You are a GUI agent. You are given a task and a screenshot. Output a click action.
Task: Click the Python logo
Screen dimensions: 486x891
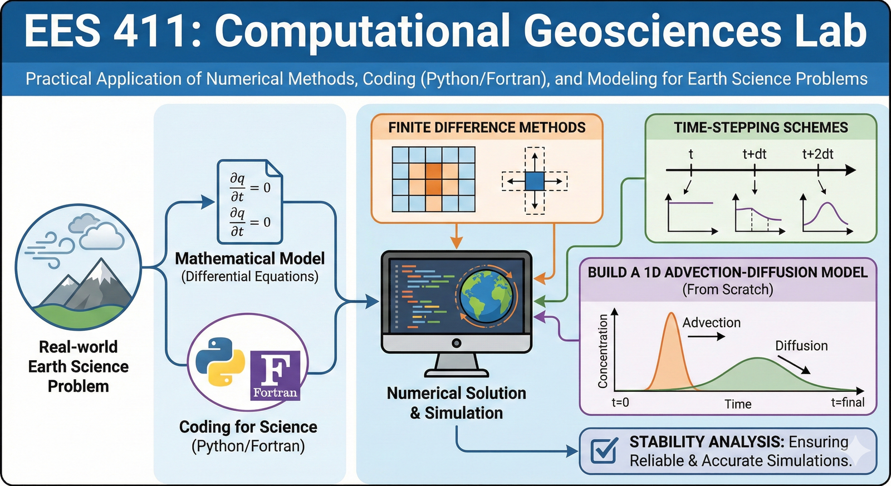(219, 361)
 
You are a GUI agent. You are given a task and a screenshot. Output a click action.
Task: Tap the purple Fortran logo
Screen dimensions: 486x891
(275, 375)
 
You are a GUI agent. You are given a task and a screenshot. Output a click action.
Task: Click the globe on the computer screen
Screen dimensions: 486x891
(485, 296)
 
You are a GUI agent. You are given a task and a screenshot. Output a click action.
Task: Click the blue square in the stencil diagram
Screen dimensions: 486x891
(535, 181)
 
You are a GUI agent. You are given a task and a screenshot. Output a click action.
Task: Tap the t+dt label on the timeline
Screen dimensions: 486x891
(755, 154)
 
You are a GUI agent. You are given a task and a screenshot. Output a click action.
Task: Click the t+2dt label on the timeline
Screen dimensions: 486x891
(817, 154)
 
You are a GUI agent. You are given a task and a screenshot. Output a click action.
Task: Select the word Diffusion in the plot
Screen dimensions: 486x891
(801, 346)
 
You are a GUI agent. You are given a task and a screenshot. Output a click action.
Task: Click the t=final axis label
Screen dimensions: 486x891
(848, 402)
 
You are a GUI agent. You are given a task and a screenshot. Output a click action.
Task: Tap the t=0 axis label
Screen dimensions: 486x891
(620, 402)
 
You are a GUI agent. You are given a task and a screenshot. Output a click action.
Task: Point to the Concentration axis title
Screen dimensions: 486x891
(603, 351)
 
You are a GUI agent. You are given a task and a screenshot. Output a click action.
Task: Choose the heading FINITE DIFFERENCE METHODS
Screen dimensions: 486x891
(487, 128)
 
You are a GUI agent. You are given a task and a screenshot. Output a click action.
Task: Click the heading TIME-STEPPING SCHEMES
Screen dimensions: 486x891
(761, 128)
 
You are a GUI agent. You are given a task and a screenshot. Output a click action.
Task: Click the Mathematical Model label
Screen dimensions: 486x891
(249, 259)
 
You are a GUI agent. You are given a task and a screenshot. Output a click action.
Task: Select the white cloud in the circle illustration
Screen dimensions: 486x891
(101, 237)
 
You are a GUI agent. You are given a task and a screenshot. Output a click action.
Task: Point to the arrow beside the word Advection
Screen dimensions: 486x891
(706, 336)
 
